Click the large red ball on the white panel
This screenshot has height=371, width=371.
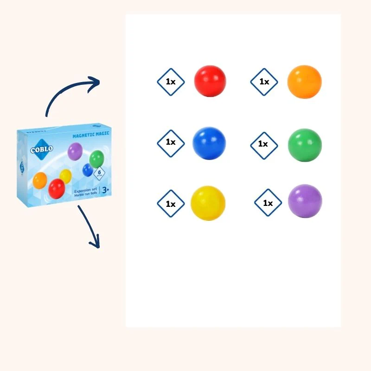[210, 81]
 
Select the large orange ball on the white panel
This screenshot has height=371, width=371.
[304, 82]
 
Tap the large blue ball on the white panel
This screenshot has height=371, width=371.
[209, 142]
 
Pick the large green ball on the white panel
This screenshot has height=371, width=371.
[304, 145]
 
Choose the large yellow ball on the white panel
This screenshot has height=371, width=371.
[208, 203]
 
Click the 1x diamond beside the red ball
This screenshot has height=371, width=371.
[171, 82]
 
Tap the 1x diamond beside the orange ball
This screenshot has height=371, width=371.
[264, 82]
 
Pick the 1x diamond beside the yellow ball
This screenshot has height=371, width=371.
[171, 204]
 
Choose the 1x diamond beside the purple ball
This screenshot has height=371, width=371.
[268, 204]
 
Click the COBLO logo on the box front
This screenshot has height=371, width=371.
[42, 149]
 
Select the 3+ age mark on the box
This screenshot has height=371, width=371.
[105, 189]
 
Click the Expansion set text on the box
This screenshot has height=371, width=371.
[85, 191]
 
